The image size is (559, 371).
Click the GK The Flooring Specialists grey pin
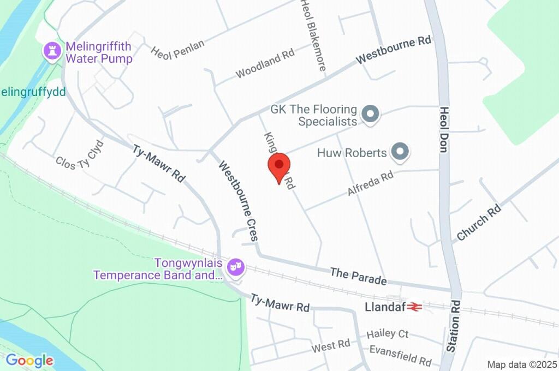coord(371,115)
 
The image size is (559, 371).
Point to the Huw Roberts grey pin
coord(401,152)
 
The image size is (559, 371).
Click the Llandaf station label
coord(385,307)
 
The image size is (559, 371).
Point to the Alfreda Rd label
coord(370,184)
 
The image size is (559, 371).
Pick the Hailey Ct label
coord(388,333)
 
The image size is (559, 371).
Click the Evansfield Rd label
coord(400,355)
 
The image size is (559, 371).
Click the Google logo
coord(29,360)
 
